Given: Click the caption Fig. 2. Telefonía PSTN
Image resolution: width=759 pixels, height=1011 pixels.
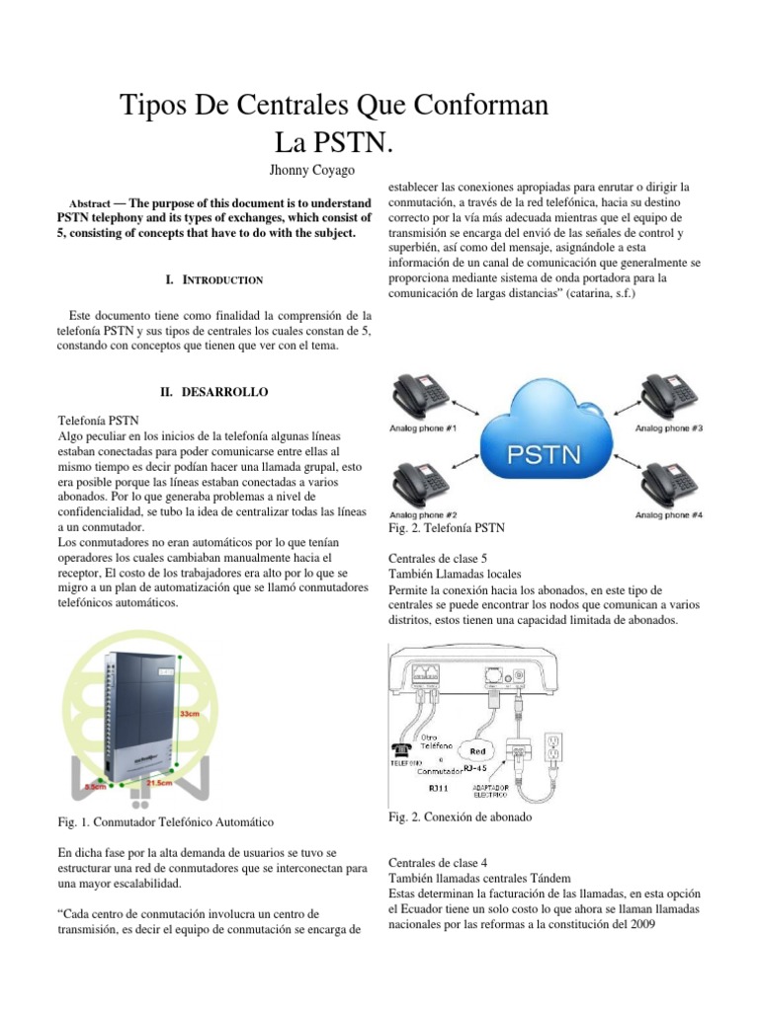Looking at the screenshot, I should point(448,530).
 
